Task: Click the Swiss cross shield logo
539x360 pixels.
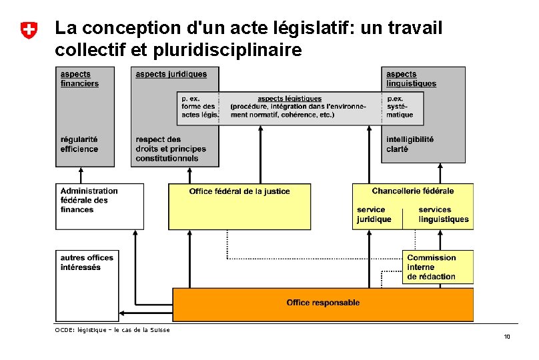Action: (x=28, y=30)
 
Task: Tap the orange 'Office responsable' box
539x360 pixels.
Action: (x=323, y=303)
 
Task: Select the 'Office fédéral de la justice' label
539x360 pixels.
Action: (x=239, y=192)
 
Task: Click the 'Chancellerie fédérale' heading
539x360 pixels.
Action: (x=413, y=191)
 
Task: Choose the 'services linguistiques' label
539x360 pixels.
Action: (x=444, y=215)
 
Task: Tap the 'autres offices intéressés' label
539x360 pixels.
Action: (x=87, y=262)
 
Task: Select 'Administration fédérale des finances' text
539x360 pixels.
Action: (x=89, y=200)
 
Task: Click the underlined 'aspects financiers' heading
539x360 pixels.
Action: (x=79, y=79)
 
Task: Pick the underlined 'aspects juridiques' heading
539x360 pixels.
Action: (x=171, y=74)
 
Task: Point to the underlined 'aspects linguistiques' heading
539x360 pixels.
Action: (x=411, y=79)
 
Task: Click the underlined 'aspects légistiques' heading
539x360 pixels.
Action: (x=290, y=99)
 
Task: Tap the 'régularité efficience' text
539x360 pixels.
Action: (x=79, y=144)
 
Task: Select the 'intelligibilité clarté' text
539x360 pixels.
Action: (x=410, y=144)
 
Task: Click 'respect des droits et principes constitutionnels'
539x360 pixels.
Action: (x=171, y=149)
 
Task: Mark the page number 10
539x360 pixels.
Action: (x=507, y=337)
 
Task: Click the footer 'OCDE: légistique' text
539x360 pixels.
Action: (x=112, y=329)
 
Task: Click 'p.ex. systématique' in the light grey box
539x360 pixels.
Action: (x=400, y=107)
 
